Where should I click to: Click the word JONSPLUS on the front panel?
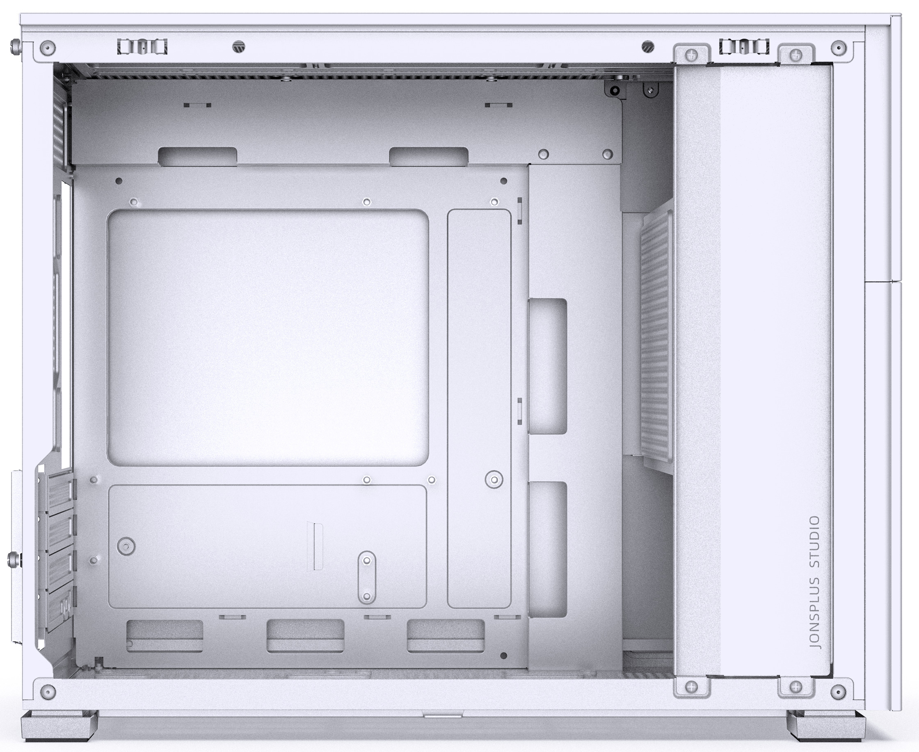815,614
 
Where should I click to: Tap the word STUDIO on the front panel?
815,542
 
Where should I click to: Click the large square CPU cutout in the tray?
267,338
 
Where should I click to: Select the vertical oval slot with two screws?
367,578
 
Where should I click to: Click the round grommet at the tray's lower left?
126,546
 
